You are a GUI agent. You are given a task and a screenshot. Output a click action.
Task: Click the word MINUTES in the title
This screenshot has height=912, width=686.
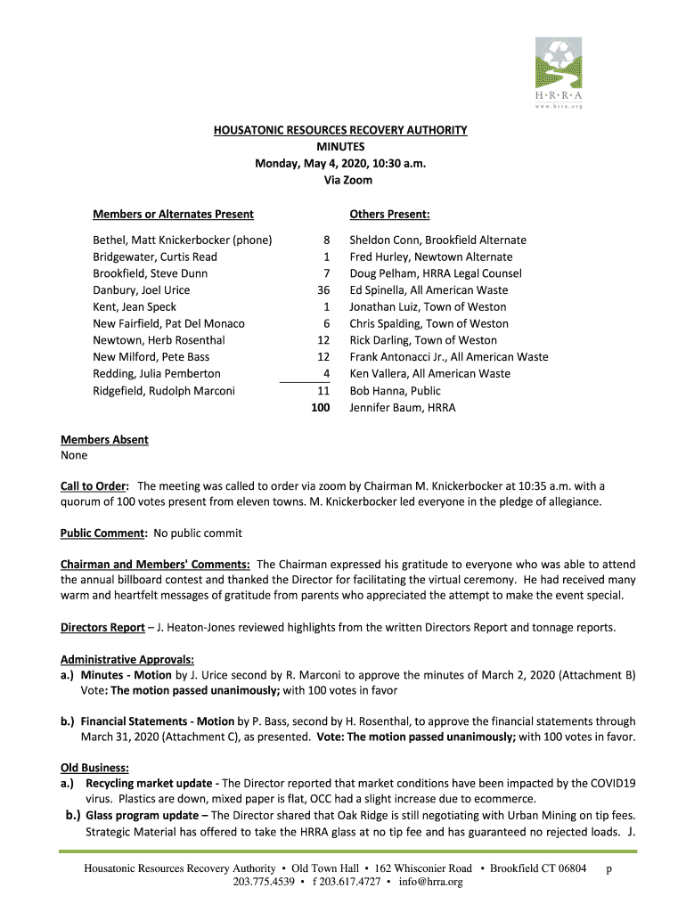coord(340,147)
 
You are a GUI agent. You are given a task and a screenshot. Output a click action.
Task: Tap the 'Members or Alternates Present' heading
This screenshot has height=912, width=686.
coord(173,215)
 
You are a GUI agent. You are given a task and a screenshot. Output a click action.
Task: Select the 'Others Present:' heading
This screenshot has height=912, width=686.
coord(389,215)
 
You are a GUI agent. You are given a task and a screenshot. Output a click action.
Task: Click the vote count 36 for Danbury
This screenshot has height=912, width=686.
coord(323,290)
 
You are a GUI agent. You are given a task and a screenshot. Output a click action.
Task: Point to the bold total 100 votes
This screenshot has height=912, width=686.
coord(320,408)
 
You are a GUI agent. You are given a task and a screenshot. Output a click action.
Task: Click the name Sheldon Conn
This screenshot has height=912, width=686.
coord(384,240)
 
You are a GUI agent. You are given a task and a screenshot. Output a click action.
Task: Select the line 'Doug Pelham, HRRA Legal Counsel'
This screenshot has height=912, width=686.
coord(435,273)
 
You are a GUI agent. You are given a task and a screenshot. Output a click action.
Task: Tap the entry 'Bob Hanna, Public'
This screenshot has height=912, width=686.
coord(395,391)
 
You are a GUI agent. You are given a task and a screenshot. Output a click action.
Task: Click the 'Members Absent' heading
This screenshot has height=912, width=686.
coord(104,440)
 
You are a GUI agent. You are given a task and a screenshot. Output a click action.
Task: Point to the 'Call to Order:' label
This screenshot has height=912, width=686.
coord(95,486)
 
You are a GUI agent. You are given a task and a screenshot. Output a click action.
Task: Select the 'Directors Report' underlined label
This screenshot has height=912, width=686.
coord(102,628)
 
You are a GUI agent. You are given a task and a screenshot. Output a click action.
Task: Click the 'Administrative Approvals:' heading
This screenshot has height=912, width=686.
coord(127,660)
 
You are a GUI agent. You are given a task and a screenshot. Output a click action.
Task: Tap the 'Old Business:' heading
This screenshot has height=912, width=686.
coord(94,769)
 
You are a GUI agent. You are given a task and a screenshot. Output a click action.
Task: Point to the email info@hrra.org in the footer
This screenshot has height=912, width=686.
coord(432,883)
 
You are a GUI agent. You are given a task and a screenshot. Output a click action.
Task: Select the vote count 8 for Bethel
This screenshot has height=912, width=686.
coord(327,240)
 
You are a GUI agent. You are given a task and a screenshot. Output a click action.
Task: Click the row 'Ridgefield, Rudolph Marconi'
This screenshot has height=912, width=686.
coord(164,391)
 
